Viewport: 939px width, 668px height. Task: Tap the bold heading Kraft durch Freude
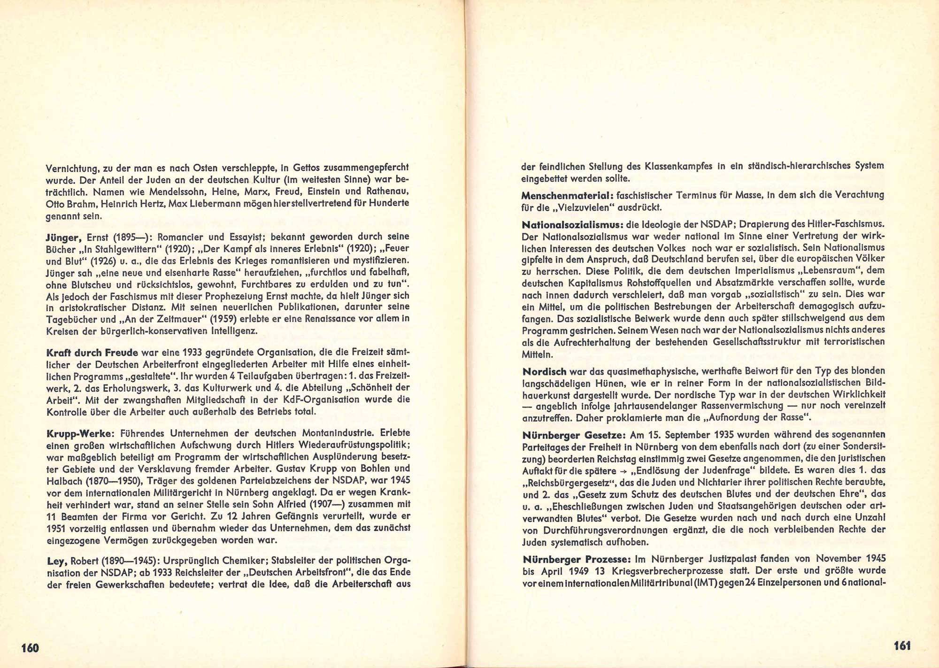pos(92,353)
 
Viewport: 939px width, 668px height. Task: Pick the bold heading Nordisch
pos(539,371)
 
